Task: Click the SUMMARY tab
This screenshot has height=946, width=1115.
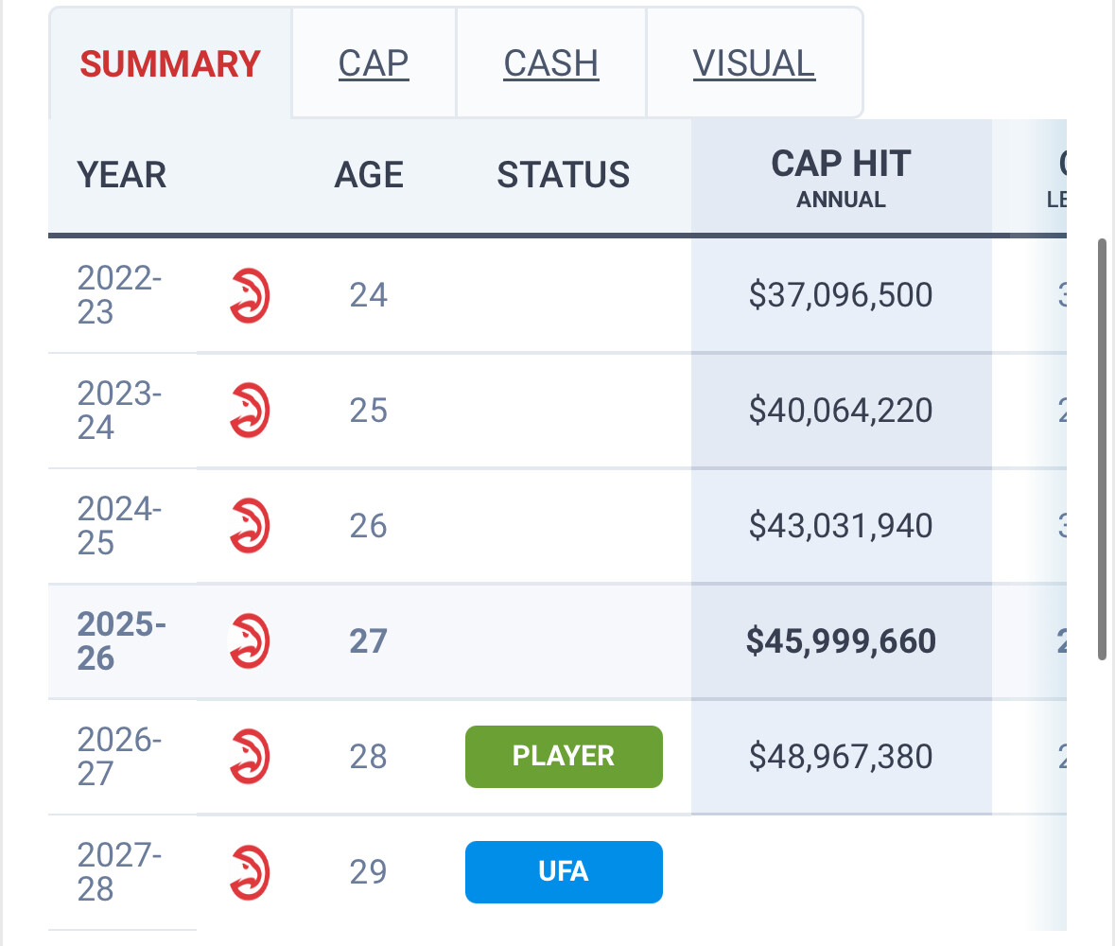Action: (170, 63)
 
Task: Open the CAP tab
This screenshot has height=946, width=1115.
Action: (374, 63)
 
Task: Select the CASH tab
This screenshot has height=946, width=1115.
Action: (551, 63)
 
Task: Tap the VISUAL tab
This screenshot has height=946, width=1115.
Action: (754, 63)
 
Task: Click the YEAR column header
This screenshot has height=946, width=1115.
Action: (122, 175)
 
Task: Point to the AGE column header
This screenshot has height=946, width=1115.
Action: (369, 175)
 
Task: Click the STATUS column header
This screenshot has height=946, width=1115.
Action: (564, 175)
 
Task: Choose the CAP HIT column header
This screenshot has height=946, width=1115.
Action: (841, 175)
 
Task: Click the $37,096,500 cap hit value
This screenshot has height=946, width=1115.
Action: (841, 295)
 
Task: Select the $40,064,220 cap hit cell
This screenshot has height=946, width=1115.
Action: (841, 411)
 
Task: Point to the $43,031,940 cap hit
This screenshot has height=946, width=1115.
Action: (841, 526)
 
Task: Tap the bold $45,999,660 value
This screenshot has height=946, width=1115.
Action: (841, 641)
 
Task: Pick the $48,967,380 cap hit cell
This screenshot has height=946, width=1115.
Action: (841, 757)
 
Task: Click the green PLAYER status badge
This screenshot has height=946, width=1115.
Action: (564, 757)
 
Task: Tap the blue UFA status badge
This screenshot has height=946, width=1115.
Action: (564, 871)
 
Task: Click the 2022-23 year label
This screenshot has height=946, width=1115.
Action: (119, 295)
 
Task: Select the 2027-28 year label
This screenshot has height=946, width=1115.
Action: (119, 871)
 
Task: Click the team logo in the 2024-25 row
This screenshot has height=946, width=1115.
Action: (250, 526)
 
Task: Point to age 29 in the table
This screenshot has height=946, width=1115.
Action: (369, 871)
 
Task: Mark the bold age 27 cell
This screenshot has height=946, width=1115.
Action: (369, 641)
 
